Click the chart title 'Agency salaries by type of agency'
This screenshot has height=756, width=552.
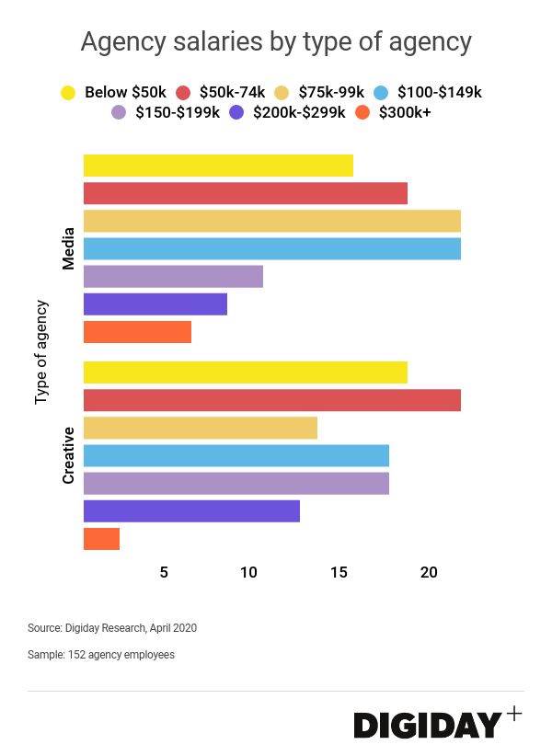click(x=276, y=41)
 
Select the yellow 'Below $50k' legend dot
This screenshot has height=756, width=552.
click(x=67, y=92)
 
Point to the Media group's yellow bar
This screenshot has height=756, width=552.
click(x=218, y=166)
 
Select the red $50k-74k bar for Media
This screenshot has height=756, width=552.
click(x=245, y=193)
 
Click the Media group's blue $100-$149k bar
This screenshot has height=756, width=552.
click(x=271, y=248)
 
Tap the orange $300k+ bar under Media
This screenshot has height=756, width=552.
click(x=137, y=332)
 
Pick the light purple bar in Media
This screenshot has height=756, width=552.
click(x=173, y=276)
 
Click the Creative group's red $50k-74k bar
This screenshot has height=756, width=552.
click(x=271, y=400)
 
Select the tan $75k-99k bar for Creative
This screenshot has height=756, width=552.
click(x=200, y=428)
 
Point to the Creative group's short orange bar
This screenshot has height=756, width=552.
click(x=101, y=539)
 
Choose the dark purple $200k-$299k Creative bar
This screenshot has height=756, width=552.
click(x=191, y=511)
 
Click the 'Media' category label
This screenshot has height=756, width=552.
click(x=68, y=249)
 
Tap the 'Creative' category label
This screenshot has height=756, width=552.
click(x=68, y=455)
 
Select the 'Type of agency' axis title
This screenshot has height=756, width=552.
click(x=40, y=351)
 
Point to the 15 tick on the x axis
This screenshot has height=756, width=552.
click(x=339, y=572)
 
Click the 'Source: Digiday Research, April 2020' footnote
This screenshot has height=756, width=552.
click(x=112, y=628)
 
